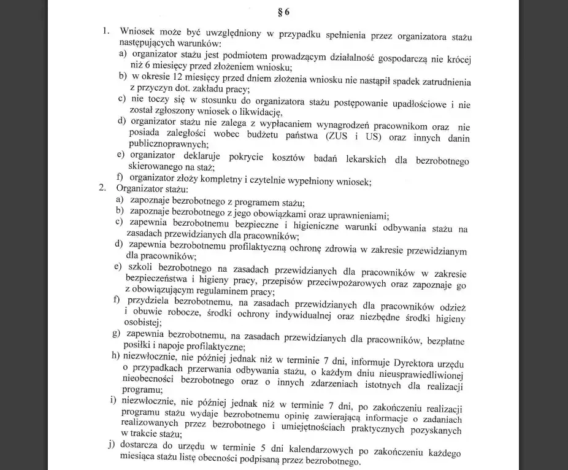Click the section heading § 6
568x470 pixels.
284,11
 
